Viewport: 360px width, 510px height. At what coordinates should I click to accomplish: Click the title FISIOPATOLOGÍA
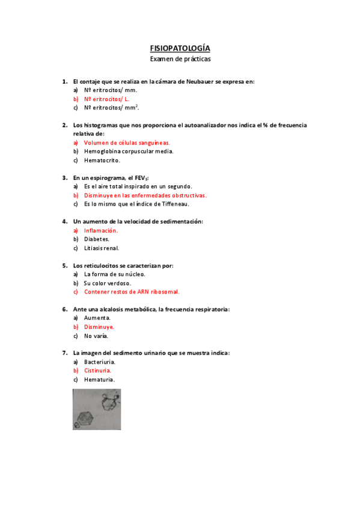pos(180,48)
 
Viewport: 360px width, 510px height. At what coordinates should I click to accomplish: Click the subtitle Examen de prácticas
pos(180,59)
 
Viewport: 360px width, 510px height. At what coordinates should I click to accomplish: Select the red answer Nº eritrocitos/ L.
pos(106,99)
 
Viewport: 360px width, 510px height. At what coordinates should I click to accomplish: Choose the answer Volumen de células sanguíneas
pos(127,143)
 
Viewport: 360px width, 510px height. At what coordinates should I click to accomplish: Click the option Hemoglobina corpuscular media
pos(129,152)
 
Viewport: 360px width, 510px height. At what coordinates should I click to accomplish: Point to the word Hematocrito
pos(102,160)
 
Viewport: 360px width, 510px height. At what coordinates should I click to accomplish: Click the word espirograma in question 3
pos(108,178)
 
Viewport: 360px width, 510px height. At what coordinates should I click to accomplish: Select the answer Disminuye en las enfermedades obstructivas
pos(145,195)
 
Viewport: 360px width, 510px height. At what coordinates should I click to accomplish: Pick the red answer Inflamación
pos(101,230)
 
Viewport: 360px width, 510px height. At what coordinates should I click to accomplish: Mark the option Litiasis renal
pos(102,248)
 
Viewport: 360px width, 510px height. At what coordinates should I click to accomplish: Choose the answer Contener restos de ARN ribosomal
pos(132,292)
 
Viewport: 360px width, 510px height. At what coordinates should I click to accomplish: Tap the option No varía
pos(96,336)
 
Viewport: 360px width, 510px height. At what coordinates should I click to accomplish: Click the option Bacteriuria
pos(100,362)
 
